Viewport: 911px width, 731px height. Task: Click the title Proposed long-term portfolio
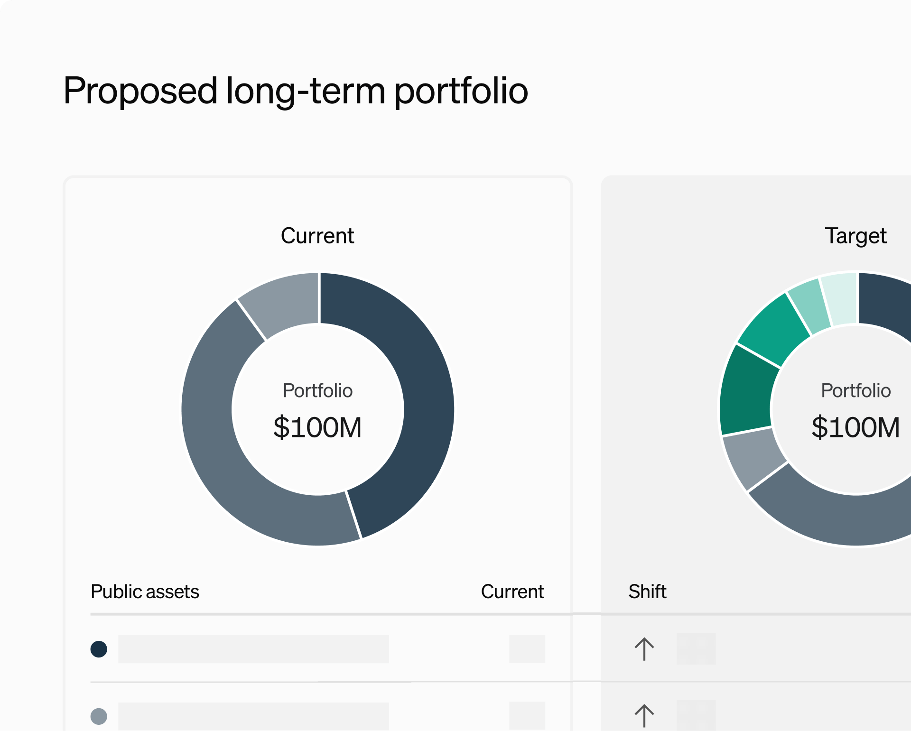295,91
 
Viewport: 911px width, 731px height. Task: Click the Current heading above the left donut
317,236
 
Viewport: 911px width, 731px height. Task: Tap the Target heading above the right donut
855,236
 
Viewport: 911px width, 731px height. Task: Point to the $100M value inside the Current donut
317,427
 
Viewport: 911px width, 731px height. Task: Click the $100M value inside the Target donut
855,427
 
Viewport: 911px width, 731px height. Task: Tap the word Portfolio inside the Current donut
317,391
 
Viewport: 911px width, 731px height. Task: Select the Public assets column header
145,592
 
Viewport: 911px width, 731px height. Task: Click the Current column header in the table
512,592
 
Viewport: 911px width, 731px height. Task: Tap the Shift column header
647,592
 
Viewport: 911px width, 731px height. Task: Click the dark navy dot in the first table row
99,649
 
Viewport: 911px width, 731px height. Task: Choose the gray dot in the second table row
99,716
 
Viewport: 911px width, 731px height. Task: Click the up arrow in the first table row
644,649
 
